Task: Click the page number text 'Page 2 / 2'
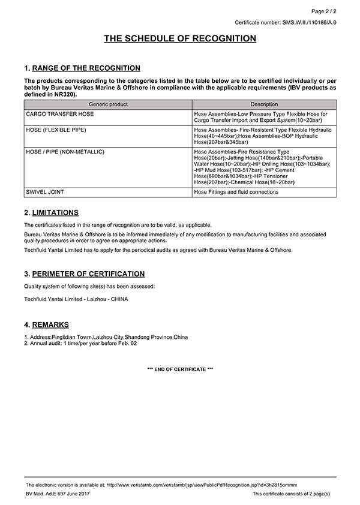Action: tap(323, 11)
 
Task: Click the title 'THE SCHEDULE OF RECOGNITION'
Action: tap(180, 39)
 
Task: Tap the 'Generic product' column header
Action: tap(108, 104)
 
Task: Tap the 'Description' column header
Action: tap(264, 104)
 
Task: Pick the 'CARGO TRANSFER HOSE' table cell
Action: tap(60, 113)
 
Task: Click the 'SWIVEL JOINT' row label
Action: tap(45, 193)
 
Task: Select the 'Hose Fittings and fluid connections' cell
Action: tap(236, 193)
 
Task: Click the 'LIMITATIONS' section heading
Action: tap(55, 213)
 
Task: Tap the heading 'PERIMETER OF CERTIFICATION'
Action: tap(88, 274)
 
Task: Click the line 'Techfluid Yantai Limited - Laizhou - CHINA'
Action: tap(76, 299)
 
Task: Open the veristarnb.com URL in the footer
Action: tap(201, 485)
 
